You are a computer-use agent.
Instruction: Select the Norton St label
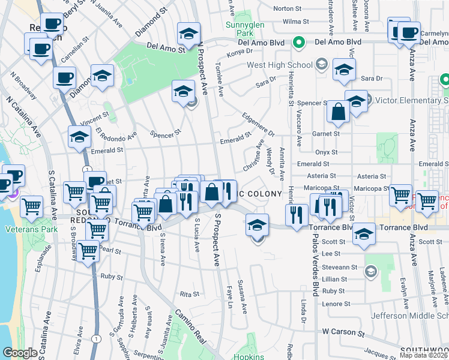pyautogui.click(x=287, y=9)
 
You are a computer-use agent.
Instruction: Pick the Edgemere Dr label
pyautogui.click(x=258, y=125)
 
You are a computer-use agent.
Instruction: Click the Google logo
pyautogui.click(x=20, y=353)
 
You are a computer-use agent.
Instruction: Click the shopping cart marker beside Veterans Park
pyautogui.click(x=32, y=207)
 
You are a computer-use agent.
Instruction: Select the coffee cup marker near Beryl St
pyautogui.click(x=52, y=25)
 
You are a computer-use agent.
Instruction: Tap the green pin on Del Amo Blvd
pyautogui.click(x=298, y=43)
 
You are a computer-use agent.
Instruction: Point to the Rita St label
pyautogui.click(x=189, y=295)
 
